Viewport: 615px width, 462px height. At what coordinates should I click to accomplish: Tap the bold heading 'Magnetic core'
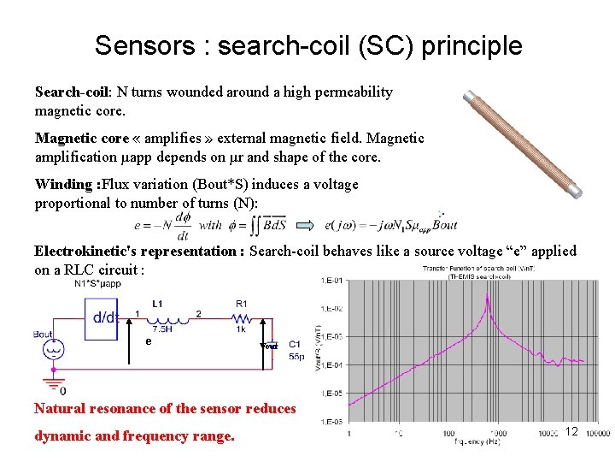(81, 139)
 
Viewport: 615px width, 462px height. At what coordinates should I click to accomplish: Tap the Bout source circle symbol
(53, 350)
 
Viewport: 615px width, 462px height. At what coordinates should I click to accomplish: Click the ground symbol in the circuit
(53, 382)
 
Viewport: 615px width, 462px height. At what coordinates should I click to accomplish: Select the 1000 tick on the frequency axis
(488, 434)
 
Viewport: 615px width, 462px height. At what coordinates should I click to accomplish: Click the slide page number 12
(571, 432)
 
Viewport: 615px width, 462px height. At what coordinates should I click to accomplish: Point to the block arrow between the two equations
(305, 224)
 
